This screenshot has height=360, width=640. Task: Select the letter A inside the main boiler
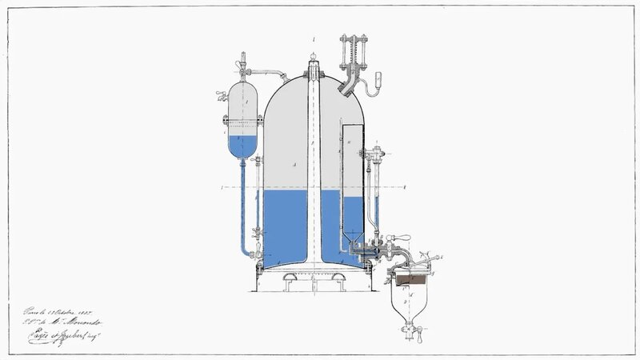[x=295, y=163]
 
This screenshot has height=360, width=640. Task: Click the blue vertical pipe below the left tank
[x=239, y=208]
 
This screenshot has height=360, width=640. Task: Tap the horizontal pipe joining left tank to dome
[x=273, y=74]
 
